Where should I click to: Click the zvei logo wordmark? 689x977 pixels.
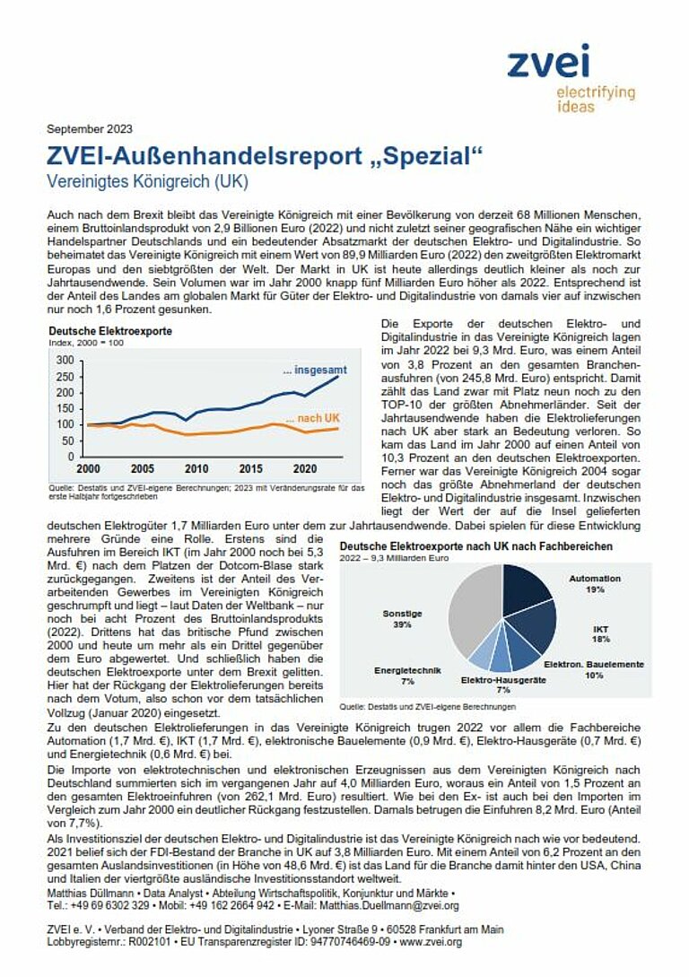(548, 61)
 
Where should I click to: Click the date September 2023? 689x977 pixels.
(90, 129)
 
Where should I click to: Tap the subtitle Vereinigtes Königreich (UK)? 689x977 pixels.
(148, 181)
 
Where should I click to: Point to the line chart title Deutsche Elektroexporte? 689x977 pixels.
(110, 331)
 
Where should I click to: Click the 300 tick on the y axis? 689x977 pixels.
(65, 360)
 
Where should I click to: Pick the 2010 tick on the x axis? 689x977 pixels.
(196, 468)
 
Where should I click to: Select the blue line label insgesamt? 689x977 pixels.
(315, 371)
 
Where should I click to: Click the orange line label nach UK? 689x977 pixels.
(313, 418)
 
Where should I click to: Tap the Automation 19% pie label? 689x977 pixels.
(595, 584)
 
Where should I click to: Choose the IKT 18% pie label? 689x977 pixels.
(601, 634)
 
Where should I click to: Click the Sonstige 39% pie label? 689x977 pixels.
(403, 619)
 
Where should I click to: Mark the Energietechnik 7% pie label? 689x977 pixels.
(407, 676)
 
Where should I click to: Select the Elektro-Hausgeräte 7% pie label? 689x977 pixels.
(503, 685)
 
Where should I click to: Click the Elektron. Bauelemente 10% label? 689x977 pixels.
(594, 670)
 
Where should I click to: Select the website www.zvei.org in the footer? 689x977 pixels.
(431, 942)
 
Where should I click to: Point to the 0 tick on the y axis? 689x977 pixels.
(71, 457)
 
